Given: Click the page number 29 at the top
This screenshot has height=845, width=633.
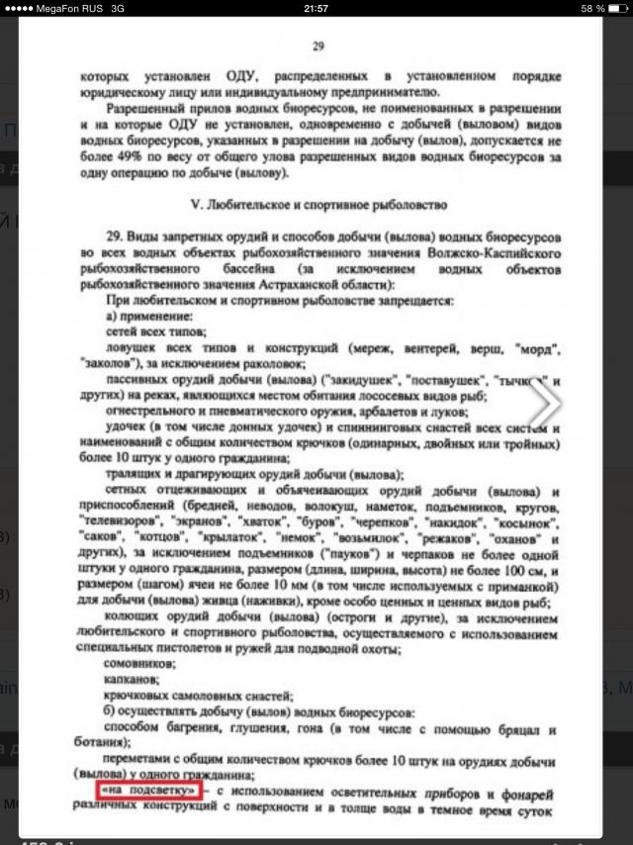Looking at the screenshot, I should point(317,46).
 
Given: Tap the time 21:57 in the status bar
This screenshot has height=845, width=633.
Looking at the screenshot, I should point(316,8).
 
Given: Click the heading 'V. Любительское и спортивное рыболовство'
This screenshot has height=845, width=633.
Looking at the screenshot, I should point(318,205).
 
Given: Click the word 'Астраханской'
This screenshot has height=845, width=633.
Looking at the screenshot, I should point(335,283).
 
